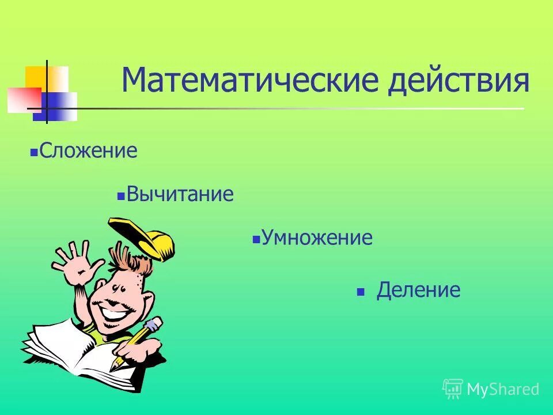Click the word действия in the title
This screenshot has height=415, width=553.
(x=460, y=81)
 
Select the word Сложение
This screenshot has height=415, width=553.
(x=89, y=152)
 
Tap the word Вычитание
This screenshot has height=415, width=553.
(x=180, y=194)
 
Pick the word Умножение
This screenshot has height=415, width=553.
(x=317, y=237)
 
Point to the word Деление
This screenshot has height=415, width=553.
(x=418, y=290)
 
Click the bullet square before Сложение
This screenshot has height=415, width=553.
(x=34, y=154)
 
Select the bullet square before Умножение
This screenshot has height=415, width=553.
(x=256, y=240)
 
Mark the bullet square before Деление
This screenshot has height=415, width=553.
(x=361, y=292)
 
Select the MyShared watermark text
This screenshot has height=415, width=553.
(x=503, y=389)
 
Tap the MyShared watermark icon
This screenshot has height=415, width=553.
(x=453, y=389)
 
